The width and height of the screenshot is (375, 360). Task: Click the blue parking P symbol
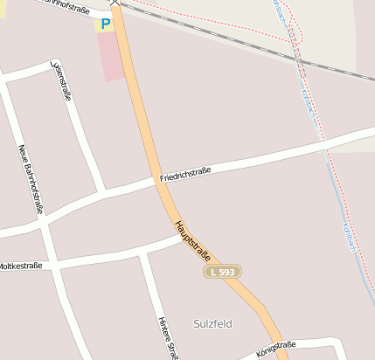(106, 24)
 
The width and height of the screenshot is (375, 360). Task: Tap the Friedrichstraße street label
(186, 176)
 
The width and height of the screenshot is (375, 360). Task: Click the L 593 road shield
(222, 273)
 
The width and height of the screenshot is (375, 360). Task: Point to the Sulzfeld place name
(212, 323)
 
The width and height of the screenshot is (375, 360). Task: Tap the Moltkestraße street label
(19, 265)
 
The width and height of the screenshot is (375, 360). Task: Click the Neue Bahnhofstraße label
(31, 179)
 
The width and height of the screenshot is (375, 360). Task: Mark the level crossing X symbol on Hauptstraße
(114, 3)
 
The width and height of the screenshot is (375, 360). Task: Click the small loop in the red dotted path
(295, 31)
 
